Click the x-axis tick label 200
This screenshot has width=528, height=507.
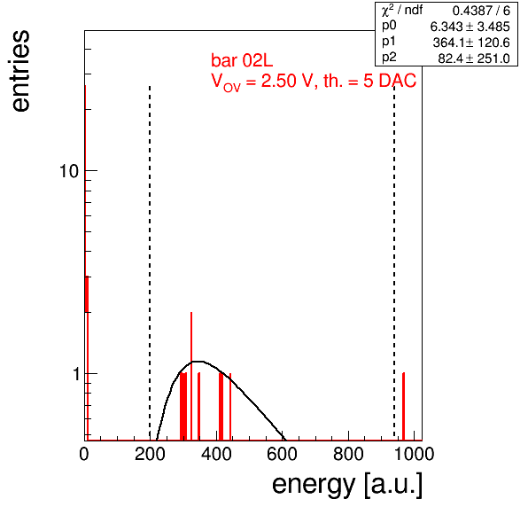pos(150,454)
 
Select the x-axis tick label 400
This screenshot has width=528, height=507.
pos(216,454)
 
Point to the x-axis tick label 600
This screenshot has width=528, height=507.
pos(283,454)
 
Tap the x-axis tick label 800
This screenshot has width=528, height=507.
pos(348,454)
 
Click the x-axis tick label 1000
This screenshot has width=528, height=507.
pos(414,454)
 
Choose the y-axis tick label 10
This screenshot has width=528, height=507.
pos(69,171)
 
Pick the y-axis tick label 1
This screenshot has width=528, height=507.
pos(76,373)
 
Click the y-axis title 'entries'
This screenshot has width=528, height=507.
pos(21,71)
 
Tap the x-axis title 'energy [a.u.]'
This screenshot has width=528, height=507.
pos(347,485)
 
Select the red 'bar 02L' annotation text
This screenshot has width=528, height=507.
pos(242,60)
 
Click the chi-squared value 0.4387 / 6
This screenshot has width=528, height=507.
pos(481,11)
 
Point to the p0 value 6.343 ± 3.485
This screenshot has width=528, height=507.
pos(470,27)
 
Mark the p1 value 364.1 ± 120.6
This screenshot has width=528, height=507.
pos(471,43)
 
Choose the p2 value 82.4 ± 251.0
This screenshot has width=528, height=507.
pos(474,58)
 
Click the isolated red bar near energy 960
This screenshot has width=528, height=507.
pos(403,406)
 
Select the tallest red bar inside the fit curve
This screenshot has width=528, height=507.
pos(191,376)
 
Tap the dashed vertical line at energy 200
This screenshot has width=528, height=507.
pos(150,262)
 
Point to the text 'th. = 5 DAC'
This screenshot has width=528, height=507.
pos(369,81)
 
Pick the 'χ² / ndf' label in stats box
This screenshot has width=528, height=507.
pos(402,10)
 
